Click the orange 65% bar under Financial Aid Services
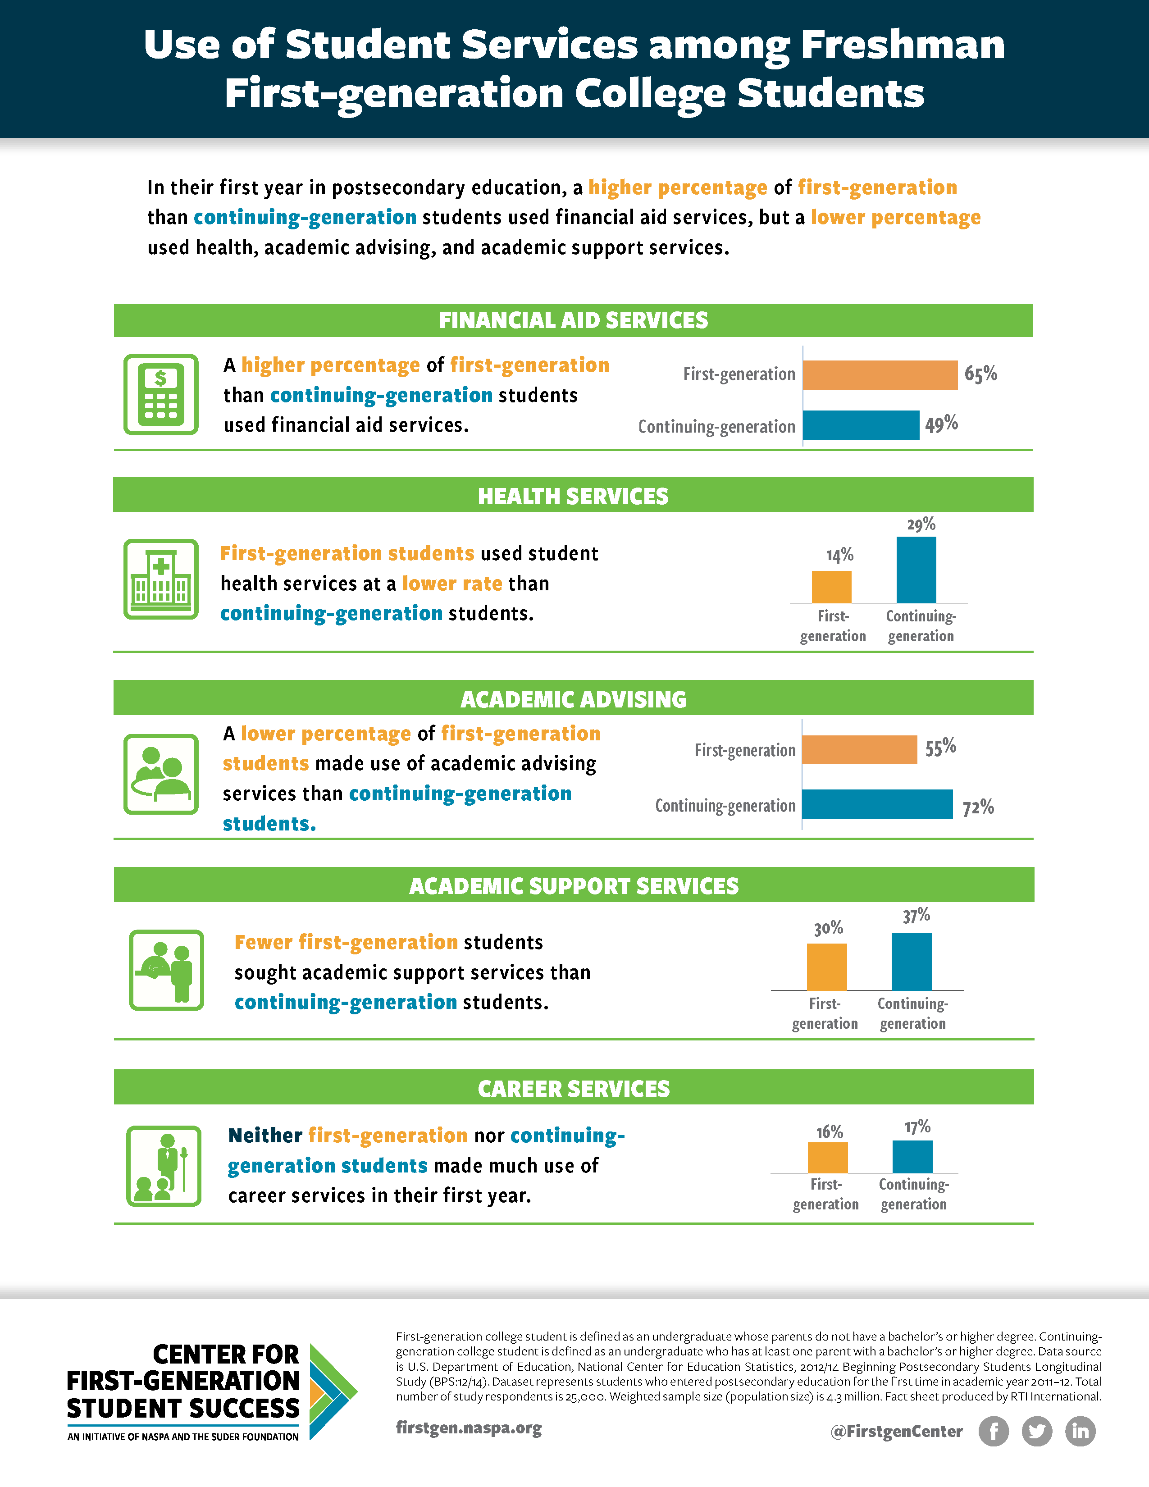(880, 375)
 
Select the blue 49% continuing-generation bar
(861, 425)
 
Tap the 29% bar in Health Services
(916, 570)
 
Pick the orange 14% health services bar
(832, 587)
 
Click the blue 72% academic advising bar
(877, 804)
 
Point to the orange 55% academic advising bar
(860, 750)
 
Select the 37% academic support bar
(912, 962)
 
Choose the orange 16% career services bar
(828, 1158)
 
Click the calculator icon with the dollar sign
(161, 395)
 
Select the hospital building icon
(161, 579)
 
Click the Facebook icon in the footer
(994, 1431)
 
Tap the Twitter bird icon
(1037, 1431)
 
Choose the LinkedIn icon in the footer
(1080, 1431)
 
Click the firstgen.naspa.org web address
(469, 1428)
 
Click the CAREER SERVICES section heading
(574, 1089)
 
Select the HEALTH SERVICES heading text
(573, 497)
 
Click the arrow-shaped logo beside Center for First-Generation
(332, 1391)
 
